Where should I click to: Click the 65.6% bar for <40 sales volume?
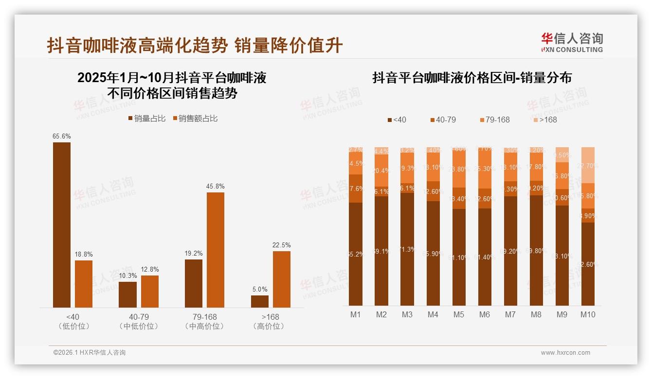[61, 224]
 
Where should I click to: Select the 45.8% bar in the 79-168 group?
[216, 250]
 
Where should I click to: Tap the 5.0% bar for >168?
[260, 301]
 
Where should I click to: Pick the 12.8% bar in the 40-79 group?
[149, 291]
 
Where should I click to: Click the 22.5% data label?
[282, 245]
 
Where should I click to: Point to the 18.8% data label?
[84, 254]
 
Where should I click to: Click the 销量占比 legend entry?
[146, 118]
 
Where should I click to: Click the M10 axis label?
[588, 314]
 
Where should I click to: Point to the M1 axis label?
[356, 314]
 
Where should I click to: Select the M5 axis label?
[459, 314]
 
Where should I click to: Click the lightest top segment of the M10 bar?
[588, 165]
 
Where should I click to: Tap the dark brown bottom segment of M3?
[407, 249]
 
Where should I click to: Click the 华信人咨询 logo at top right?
[572, 42]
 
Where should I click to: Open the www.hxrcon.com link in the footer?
[565, 353]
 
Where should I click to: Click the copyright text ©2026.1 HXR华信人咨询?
[90, 353]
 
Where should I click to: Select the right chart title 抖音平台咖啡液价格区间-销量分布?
[472, 78]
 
